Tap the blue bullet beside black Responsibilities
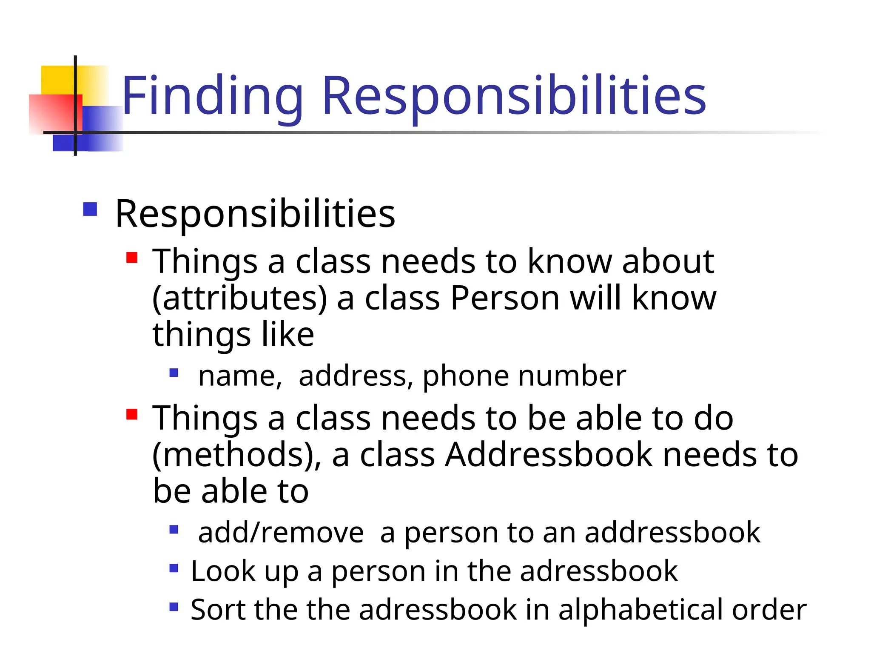click(x=90, y=209)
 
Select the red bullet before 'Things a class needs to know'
click(x=132, y=258)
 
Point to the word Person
click(x=505, y=298)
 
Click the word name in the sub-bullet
click(x=240, y=376)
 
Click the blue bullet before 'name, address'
click(x=174, y=373)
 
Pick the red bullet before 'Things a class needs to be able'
click(x=132, y=414)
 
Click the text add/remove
click(x=281, y=533)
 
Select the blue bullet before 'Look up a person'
click(x=174, y=568)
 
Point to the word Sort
click(x=217, y=609)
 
